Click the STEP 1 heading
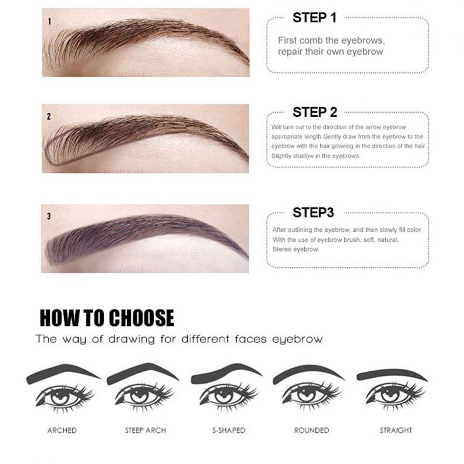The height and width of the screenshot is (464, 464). point(315,18)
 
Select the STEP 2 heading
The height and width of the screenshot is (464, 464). point(315,112)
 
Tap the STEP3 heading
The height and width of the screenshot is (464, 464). point(313,213)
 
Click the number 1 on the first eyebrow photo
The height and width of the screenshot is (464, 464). point(49,21)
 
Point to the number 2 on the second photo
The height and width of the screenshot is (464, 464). point(49,117)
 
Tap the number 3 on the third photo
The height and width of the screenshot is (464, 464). point(49,216)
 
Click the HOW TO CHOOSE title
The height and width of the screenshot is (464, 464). point(107,318)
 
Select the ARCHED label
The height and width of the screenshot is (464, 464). point(62,431)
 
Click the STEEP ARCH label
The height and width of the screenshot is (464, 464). point(145,431)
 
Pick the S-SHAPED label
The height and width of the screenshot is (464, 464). point(228,431)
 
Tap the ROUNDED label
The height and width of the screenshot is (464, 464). point(312,431)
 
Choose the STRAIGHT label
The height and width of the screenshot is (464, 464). point(396,431)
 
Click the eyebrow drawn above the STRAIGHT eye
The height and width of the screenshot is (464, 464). point(391,374)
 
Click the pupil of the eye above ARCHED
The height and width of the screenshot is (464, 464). point(60,395)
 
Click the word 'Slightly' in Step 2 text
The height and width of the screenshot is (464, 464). point(281,156)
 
